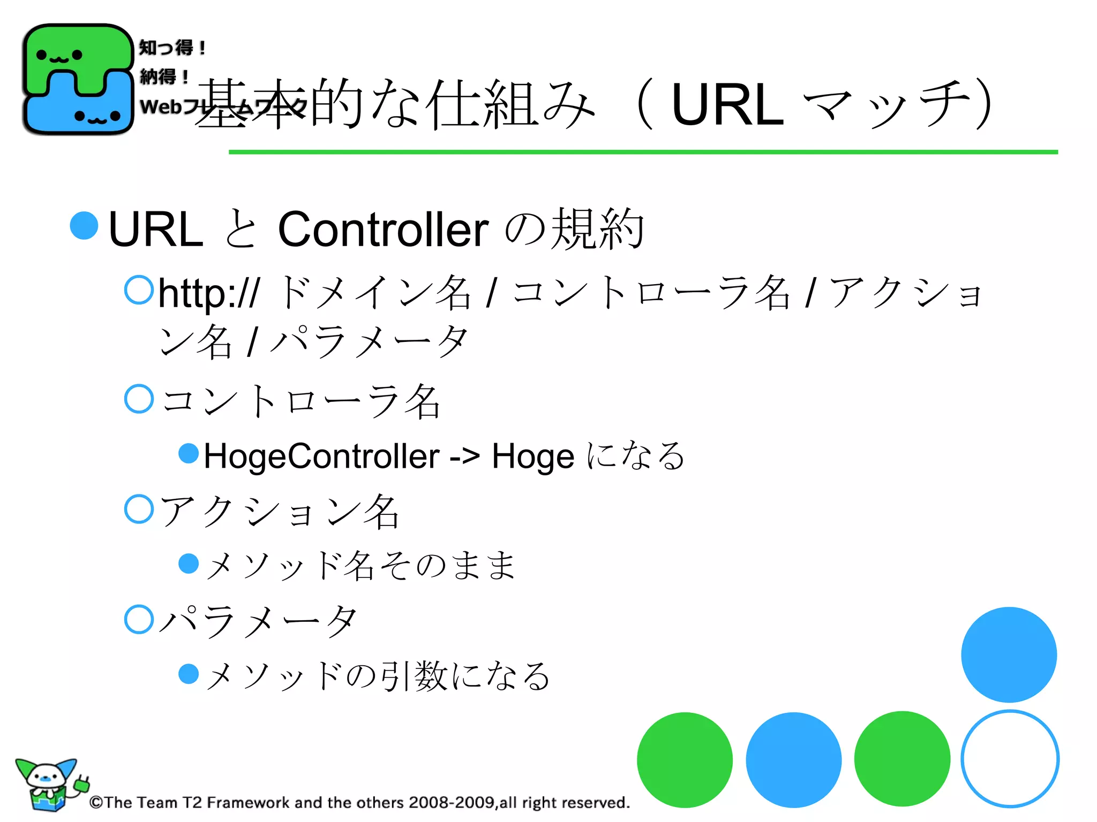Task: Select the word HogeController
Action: click(x=321, y=456)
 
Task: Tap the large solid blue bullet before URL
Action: click(x=84, y=225)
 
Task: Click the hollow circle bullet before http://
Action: click(x=139, y=290)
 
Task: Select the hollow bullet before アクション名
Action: click(x=139, y=509)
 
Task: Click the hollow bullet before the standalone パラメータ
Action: click(x=139, y=619)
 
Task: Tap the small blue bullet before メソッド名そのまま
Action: click(x=189, y=564)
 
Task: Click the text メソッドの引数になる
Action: click(x=378, y=675)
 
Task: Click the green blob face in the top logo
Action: click(x=59, y=55)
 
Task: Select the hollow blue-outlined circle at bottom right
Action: click(x=1010, y=758)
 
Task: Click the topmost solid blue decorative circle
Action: click(x=1009, y=654)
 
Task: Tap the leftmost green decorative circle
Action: click(x=685, y=760)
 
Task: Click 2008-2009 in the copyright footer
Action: click(x=451, y=803)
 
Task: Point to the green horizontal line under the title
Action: click(x=643, y=152)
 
